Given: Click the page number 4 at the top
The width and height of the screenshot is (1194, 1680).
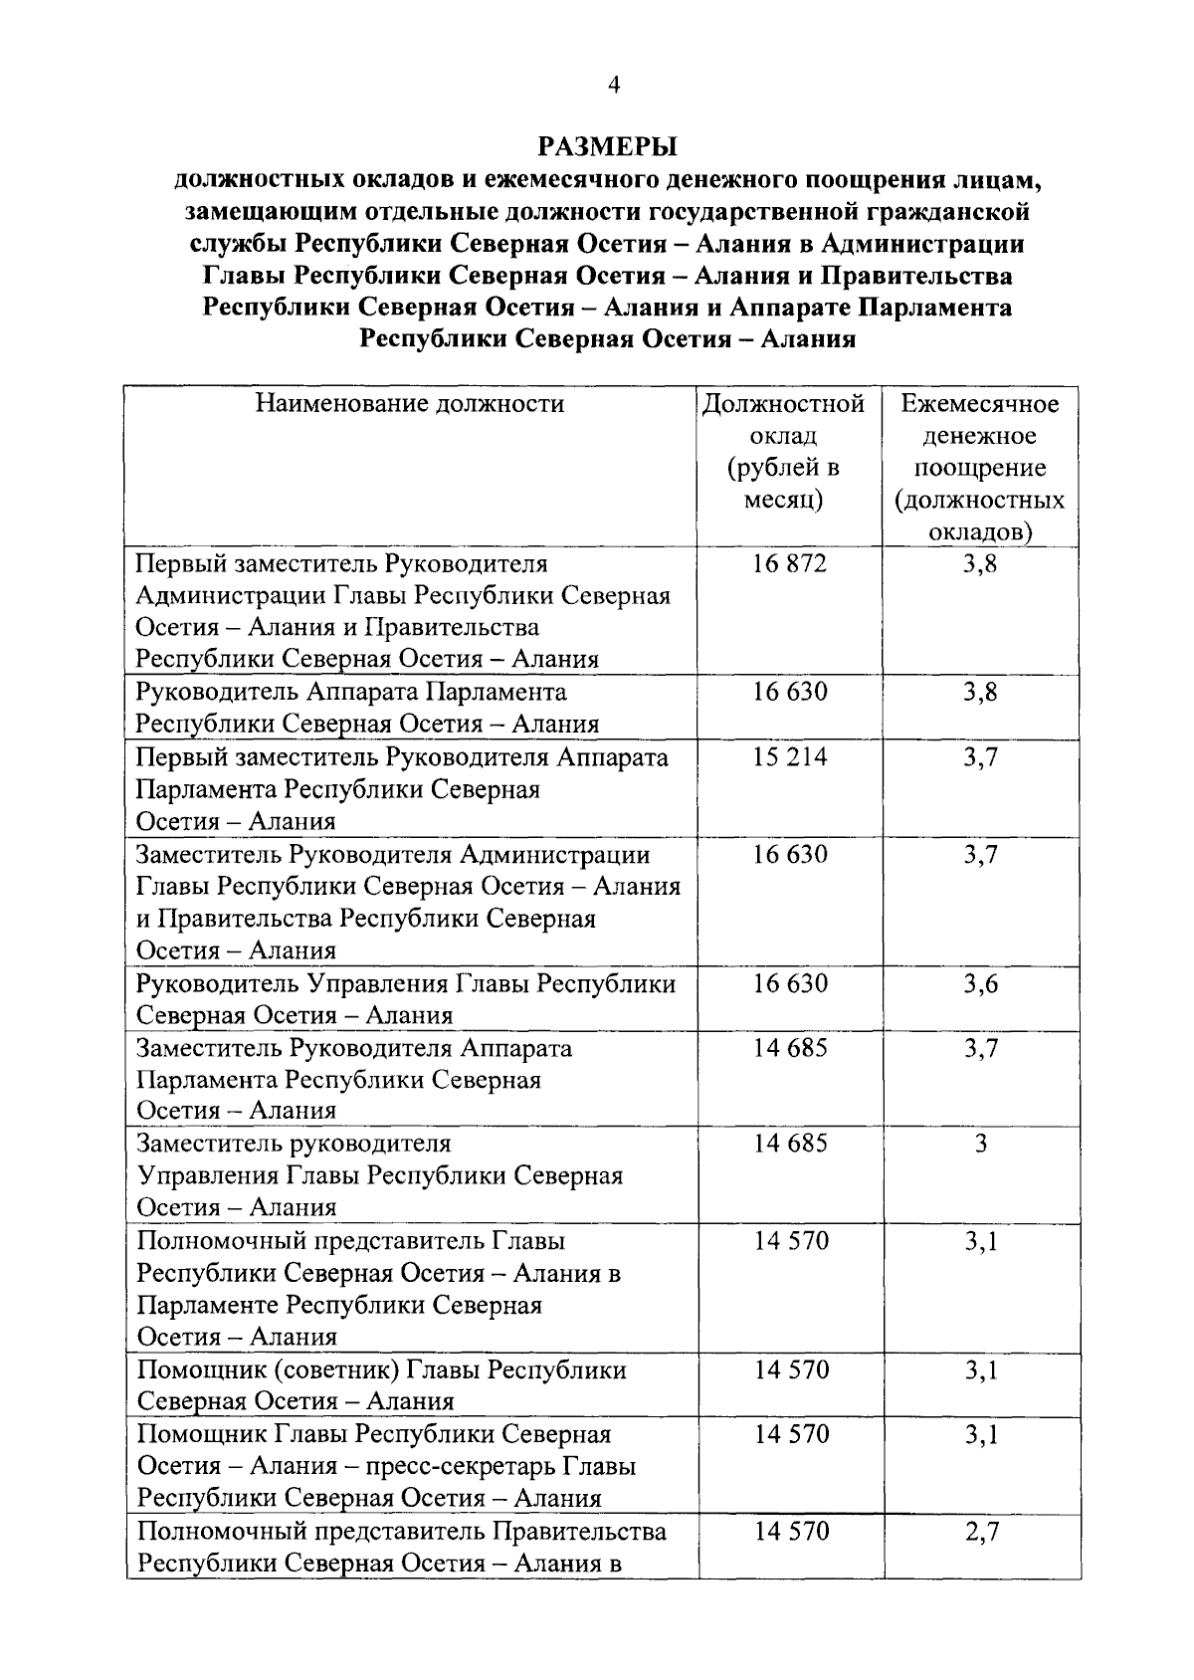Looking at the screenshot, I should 614,87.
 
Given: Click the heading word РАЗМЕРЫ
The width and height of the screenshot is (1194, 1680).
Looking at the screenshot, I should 607,147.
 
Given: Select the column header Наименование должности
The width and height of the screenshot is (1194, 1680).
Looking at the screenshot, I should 410,404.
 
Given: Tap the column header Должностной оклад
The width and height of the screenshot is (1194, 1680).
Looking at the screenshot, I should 783,451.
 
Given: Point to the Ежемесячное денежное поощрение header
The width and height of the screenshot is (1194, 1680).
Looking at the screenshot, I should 980,467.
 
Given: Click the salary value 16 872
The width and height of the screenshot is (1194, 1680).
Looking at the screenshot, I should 790,564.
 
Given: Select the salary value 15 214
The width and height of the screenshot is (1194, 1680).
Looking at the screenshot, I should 790,757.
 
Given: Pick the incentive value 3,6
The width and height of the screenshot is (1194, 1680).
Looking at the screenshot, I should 980,984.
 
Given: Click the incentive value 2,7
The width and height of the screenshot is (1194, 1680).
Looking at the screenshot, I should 981,1532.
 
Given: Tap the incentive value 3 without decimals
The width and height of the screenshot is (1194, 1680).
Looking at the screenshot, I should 981,1144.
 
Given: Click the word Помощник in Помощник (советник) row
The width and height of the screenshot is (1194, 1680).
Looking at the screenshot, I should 197,1370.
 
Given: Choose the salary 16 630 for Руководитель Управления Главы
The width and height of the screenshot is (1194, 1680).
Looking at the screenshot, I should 790,984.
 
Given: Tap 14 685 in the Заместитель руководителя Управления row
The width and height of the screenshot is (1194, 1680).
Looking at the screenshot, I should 790,1144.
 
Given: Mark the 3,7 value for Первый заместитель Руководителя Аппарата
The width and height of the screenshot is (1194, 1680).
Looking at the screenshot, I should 980,757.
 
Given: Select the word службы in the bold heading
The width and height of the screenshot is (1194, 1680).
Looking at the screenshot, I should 239,244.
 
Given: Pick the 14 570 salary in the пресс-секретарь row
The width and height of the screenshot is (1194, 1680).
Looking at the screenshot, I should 791,1435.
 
